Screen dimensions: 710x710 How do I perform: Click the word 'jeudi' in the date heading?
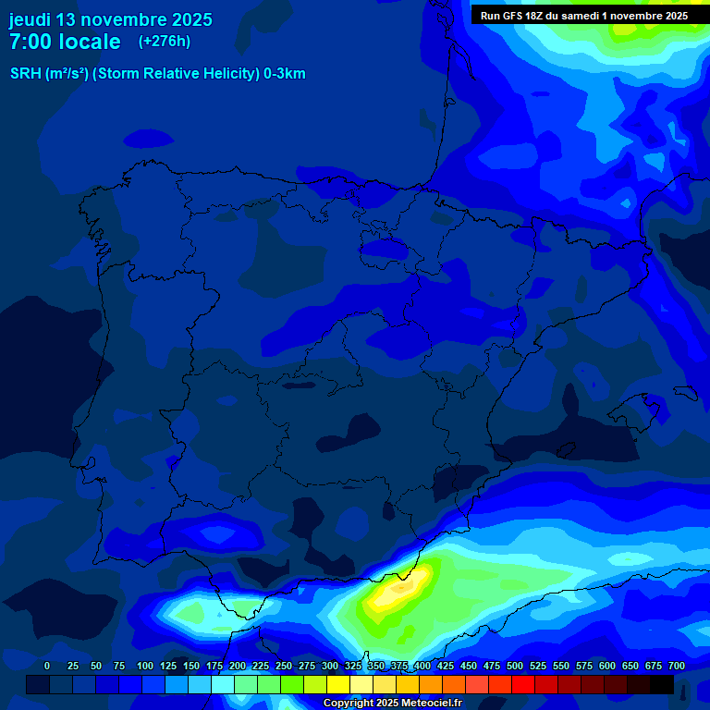click(x=30, y=19)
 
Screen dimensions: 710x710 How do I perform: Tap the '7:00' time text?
click(x=36, y=42)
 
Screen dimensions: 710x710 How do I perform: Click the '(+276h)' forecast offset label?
click(x=164, y=42)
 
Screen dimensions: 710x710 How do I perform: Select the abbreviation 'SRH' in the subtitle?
click(x=26, y=74)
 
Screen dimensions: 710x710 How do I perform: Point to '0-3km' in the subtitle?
click(x=285, y=74)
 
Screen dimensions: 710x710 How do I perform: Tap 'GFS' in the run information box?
click(x=516, y=16)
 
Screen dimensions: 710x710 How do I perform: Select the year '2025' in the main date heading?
click(x=190, y=19)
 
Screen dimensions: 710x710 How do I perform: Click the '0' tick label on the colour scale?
click(x=47, y=666)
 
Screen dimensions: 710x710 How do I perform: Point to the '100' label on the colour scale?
click(x=145, y=666)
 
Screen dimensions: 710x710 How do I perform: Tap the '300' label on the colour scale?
click(x=330, y=666)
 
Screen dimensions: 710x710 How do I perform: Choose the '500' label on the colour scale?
click(x=515, y=666)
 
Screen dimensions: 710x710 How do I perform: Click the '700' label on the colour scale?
click(x=677, y=666)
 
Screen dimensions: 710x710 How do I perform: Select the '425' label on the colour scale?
click(x=446, y=666)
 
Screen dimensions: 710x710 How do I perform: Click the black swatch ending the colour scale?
click(x=662, y=685)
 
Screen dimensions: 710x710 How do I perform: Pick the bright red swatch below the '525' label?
click(x=523, y=685)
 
